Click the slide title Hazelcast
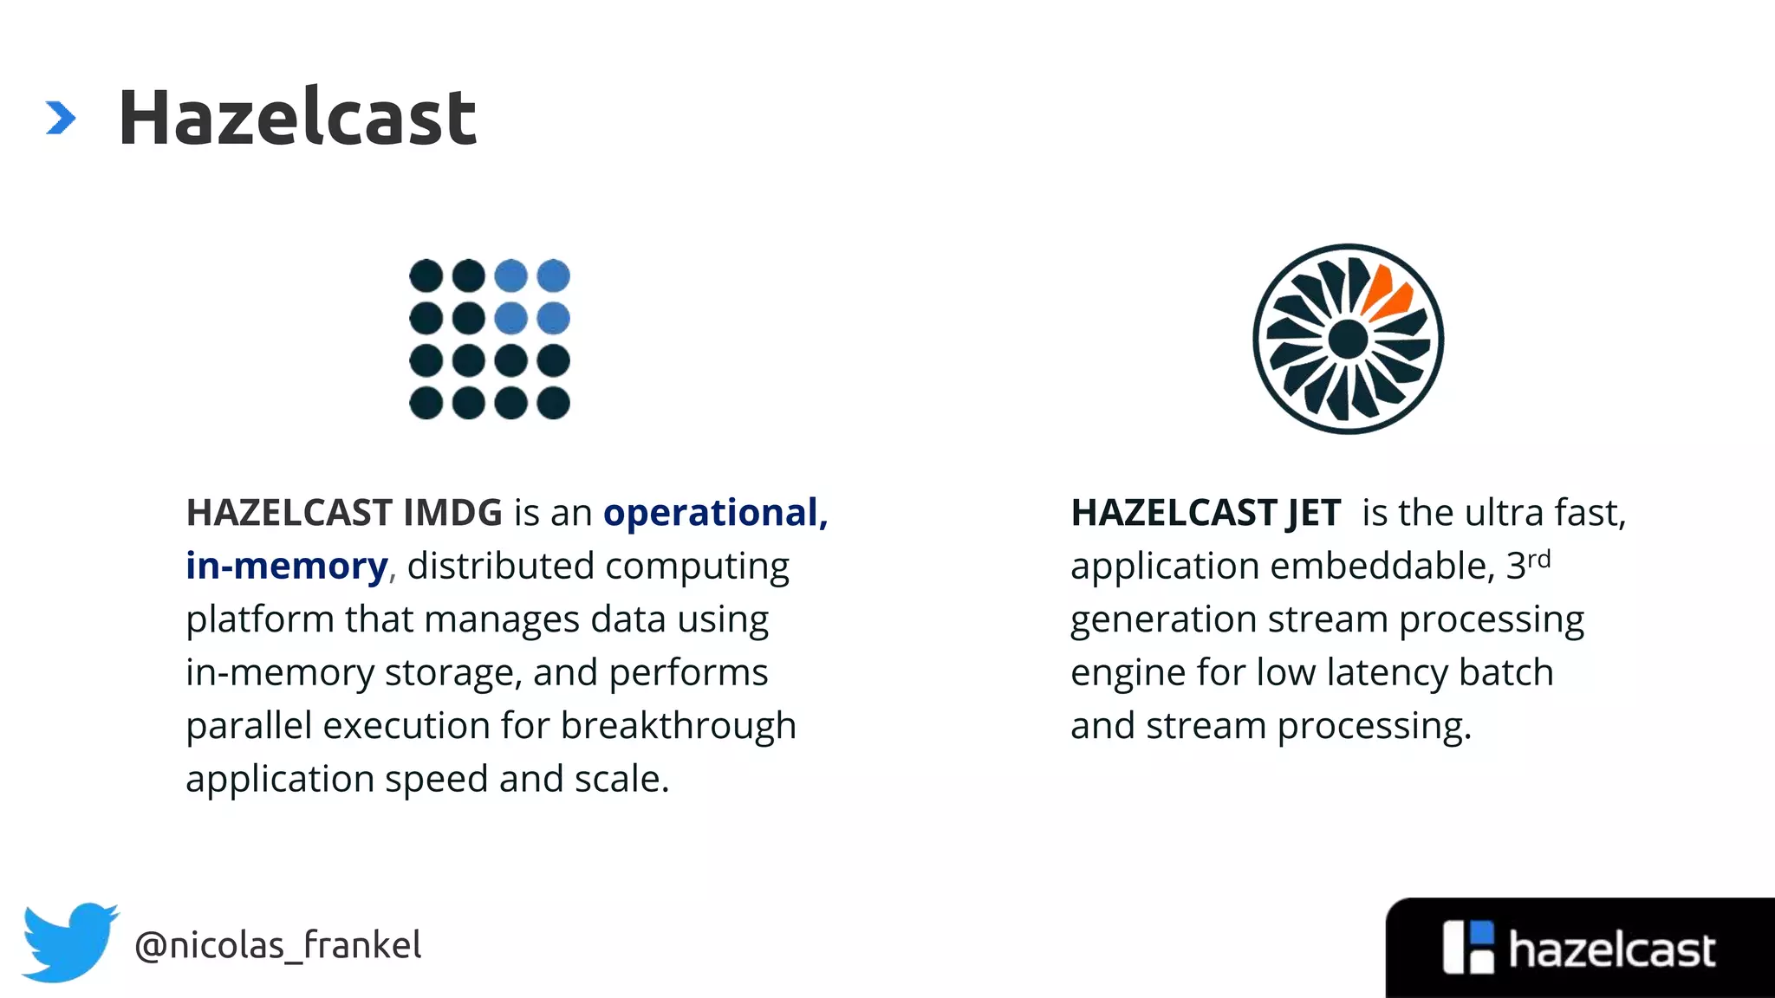pos(296,118)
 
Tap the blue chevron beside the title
pos(61,118)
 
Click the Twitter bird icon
pos(69,943)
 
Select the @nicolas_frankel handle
pos(277,944)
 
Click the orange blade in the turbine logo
pos(1386,293)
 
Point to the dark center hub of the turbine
pos(1348,339)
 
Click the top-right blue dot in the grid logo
pos(553,275)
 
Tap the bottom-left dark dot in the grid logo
pos(426,403)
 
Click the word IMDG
pos(452,513)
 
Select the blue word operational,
pos(715,513)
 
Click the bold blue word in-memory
pos(286,567)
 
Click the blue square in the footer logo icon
pos(1483,932)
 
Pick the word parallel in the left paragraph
pos(248,726)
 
